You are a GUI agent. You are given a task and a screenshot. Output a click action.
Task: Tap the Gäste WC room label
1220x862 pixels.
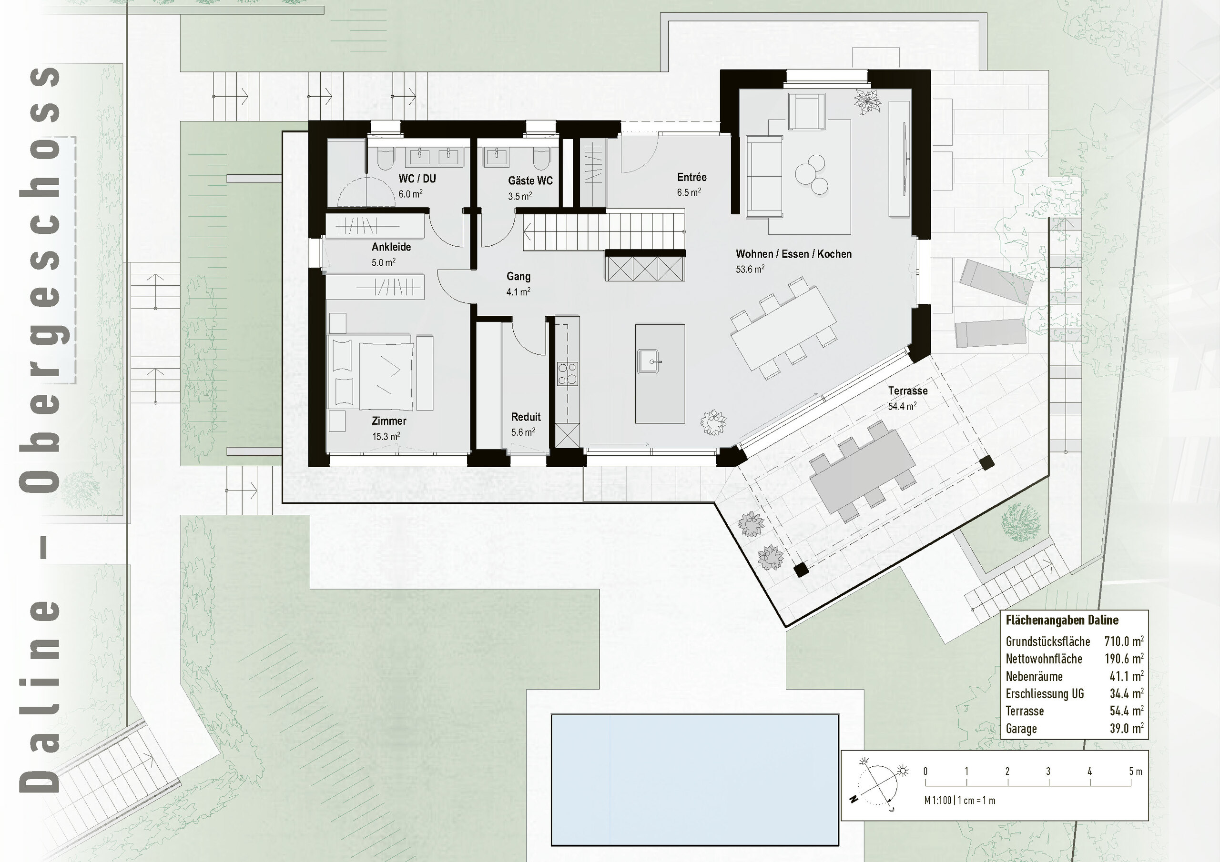pos(530,180)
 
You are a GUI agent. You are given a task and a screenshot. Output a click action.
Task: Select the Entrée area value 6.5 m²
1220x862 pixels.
pos(688,192)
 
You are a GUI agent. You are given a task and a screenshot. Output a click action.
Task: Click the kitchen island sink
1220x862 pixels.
pos(648,361)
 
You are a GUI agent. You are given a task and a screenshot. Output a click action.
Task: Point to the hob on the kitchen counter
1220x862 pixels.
pos(567,373)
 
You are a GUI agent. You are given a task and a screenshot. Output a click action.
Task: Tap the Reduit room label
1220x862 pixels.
pos(526,417)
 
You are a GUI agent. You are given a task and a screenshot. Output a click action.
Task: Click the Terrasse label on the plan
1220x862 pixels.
pos(907,391)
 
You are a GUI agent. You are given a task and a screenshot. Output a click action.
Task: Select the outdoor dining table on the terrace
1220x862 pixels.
pos(862,470)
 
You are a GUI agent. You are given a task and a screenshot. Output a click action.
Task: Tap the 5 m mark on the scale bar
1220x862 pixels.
pos(1135,771)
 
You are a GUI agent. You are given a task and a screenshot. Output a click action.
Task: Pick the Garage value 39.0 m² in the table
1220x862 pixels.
pos(1126,728)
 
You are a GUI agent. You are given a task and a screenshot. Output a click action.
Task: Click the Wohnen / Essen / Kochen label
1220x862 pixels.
pos(793,254)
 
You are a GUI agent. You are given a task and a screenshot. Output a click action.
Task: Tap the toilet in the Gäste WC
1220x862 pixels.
pos(540,158)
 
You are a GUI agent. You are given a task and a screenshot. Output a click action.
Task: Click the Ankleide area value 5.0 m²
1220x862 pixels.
pos(383,262)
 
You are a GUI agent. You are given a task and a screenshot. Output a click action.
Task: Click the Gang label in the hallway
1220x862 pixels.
pos(518,276)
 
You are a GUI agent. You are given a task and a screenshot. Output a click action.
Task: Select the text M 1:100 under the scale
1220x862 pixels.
pos(937,801)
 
